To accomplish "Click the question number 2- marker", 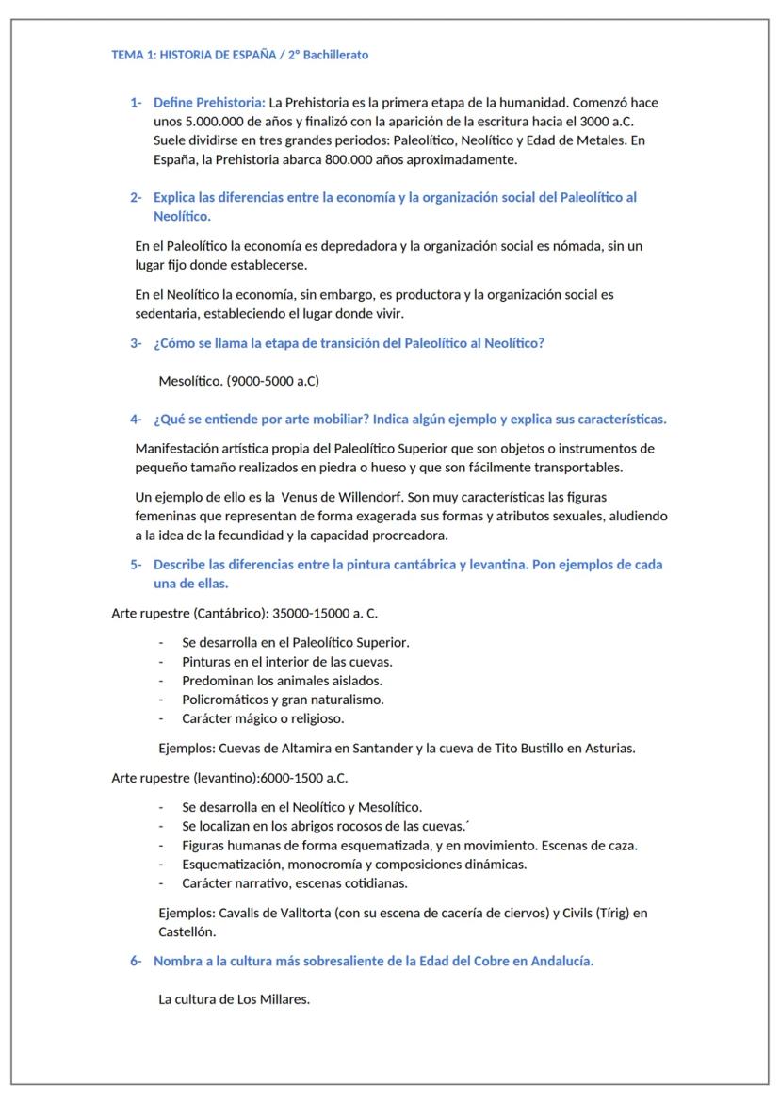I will coord(136,197).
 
